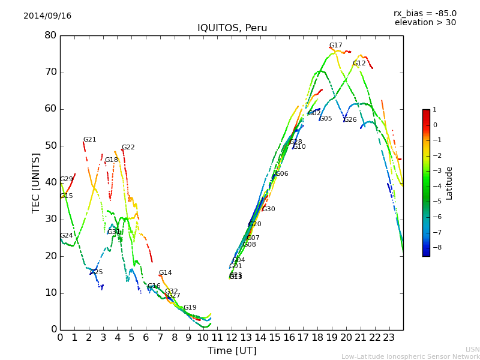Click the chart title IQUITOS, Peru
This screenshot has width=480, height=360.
click(x=232, y=28)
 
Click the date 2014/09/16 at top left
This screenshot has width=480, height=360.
click(x=47, y=16)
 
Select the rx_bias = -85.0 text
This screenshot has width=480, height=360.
click(x=425, y=13)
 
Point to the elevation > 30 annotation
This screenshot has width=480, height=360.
click(x=425, y=23)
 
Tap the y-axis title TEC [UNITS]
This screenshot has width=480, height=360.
click(x=36, y=182)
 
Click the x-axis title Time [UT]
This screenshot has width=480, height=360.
click(x=232, y=351)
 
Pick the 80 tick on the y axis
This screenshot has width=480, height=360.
click(x=50, y=35)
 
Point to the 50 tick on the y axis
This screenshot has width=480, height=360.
click(x=50, y=146)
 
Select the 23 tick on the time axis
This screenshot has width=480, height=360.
click(x=389, y=337)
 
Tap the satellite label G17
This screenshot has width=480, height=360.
click(x=335, y=46)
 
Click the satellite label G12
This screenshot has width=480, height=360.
click(x=359, y=64)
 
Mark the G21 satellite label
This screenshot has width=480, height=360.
click(x=89, y=140)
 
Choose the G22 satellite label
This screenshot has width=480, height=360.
click(x=128, y=148)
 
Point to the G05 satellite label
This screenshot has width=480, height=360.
click(x=325, y=119)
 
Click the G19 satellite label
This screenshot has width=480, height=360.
click(x=190, y=308)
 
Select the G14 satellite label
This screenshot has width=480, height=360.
click(x=165, y=273)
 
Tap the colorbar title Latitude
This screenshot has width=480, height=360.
click(x=449, y=183)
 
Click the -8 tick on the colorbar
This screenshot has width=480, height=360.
click(x=434, y=247)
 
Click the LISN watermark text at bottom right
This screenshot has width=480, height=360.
click(x=472, y=349)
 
